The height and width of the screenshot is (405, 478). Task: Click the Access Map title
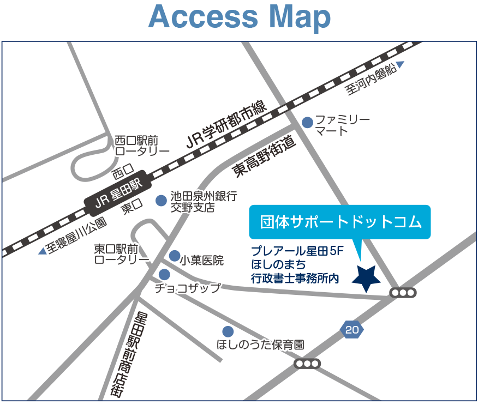pyautogui.click(x=240, y=17)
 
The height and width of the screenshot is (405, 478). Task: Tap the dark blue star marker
pyautogui.click(x=366, y=279)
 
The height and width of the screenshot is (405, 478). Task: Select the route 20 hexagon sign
pyautogui.click(x=352, y=329)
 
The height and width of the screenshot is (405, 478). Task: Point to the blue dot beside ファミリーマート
pyautogui.click(x=308, y=123)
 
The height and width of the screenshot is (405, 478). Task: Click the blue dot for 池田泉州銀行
pyautogui.click(x=161, y=201)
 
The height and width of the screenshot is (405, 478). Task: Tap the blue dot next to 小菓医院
pyautogui.click(x=175, y=256)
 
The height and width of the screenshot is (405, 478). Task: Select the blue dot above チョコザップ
pyautogui.click(x=164, y=274)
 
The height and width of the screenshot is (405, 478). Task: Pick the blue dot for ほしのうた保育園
pyautogui.click(x=228, y=331)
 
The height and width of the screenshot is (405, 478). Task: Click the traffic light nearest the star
pyautogui.click(x=403, y=293)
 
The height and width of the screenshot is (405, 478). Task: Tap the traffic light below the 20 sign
pyautogui.click(x=307, y=364)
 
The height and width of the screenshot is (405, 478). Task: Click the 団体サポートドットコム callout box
pyautogui.click(x=340, y=222)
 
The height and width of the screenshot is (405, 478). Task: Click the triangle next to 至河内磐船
pyautogui.click(x=400, y=65)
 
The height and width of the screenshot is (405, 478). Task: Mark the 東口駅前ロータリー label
pyautogui.click(x=121, y=253)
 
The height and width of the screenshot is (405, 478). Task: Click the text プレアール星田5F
pyautogui.click(x=297, y=251)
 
